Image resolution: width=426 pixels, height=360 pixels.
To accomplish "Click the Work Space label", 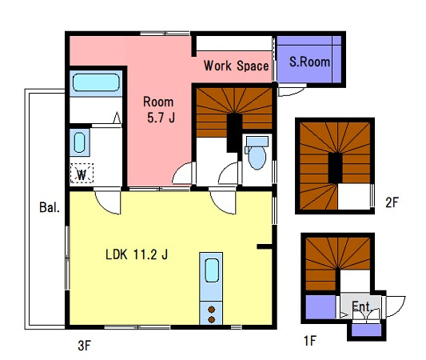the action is click(x=236, y=66).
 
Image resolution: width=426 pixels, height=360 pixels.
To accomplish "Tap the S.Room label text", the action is click(x=309, y=62).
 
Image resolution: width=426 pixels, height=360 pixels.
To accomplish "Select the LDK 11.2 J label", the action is click(x=137, y=254).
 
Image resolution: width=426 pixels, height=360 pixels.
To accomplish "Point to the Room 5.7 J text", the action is click(x=160, y=110).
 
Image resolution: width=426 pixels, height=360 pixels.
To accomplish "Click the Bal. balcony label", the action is click(x=50, y=207).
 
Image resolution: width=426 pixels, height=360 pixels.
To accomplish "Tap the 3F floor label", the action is click(x=84, y=346).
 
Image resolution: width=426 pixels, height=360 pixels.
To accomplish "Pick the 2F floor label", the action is click(x=392, y=202).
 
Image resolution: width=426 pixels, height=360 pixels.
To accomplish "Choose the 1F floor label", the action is click(x=310, y=341).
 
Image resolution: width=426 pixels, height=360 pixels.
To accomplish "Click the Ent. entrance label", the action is click(x=361, y=306).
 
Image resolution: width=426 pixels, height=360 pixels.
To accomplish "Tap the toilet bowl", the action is click(x=257, y=157).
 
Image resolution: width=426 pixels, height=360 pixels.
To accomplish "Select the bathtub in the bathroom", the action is click(x=96, y=82).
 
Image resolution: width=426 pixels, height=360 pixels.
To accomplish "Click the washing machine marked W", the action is click(x=82, y=174).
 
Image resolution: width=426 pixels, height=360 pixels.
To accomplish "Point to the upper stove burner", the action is click(x=211, y=310).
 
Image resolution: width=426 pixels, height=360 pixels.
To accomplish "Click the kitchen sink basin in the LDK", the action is click(x=212, y=270).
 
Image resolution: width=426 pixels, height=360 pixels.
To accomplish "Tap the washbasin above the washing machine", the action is click(x=79, y=142).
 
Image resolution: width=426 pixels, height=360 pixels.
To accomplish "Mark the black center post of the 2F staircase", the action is click(x=335, y=168).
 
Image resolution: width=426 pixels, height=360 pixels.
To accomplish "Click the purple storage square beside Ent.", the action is click(x=320, y=306).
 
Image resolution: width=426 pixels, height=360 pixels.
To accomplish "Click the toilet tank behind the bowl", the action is click(x=257, y=142).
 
